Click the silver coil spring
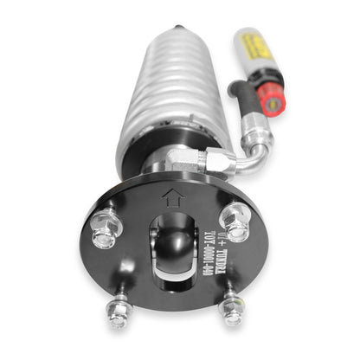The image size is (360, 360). pyautogui.click(x=164, y=95)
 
